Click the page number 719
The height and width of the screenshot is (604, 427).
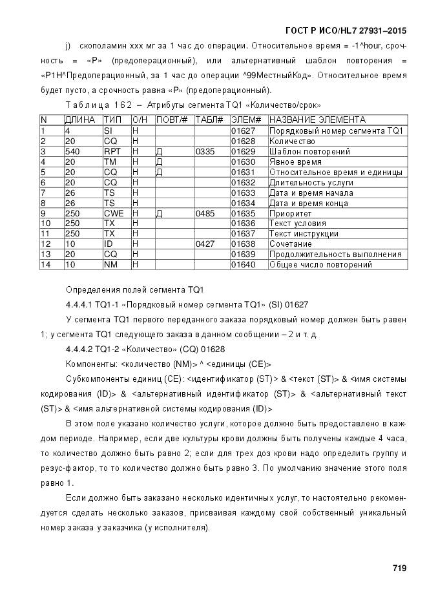(399, 568)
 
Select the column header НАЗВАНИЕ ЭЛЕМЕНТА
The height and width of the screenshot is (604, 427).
(317, 120)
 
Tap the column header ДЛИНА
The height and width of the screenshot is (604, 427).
(79, 120)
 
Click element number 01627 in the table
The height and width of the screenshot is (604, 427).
(242, 130)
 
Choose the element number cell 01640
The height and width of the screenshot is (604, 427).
(242, 265)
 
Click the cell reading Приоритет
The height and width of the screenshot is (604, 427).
(290, 213)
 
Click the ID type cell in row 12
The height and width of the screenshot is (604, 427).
(108, 244)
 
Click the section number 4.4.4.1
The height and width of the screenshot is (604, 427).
(80, 304)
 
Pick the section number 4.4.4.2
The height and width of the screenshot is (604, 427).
(80, 349)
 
